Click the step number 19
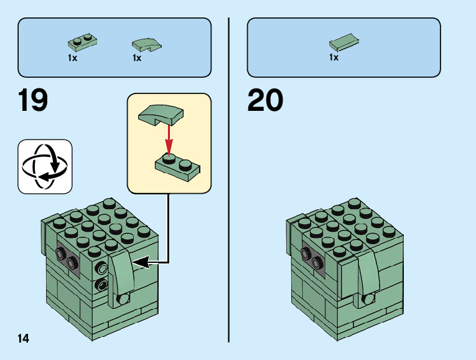tap(33, 101)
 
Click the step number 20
tap(266, 101)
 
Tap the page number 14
tap(23, 338)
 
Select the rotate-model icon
tap(45, 166)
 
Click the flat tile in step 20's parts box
tap(343, 43)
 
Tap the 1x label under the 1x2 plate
tap(72, 58)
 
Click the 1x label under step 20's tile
tap(334, 58)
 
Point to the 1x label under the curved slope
tap(137, 58)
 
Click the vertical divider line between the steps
tap(229, 181)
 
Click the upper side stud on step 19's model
tap(100, 268)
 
